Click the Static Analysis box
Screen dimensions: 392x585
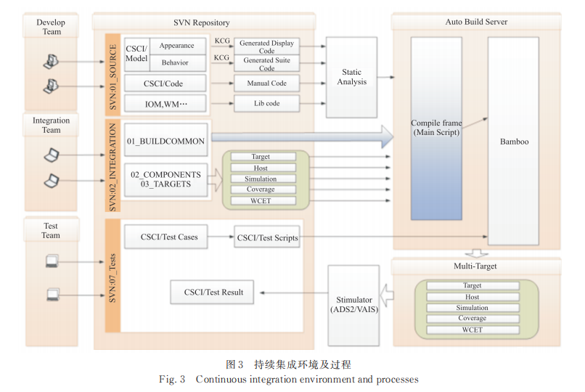tap(352, 78)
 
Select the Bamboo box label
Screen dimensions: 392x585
tap(514, 142)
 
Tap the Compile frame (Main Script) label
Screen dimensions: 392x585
tap(436, 128)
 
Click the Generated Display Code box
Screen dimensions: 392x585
tap(266, 47)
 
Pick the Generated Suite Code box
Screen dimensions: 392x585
tap(266, 64)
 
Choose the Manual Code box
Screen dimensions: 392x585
tap(266, 83)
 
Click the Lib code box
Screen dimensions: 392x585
tap(266, 104)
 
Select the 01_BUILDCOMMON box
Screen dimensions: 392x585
tap(165, 140)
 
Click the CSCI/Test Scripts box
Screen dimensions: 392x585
tap(267, 237)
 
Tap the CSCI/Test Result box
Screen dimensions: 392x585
tap(213, 293)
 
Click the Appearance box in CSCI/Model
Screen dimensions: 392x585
tap(177, 46)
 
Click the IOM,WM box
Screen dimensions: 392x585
tap(165, 104)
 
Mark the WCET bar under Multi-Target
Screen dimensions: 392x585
tap(472, 330)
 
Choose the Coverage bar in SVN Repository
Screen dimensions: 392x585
tap(261, 189)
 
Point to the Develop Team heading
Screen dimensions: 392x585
tap(51, 27)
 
